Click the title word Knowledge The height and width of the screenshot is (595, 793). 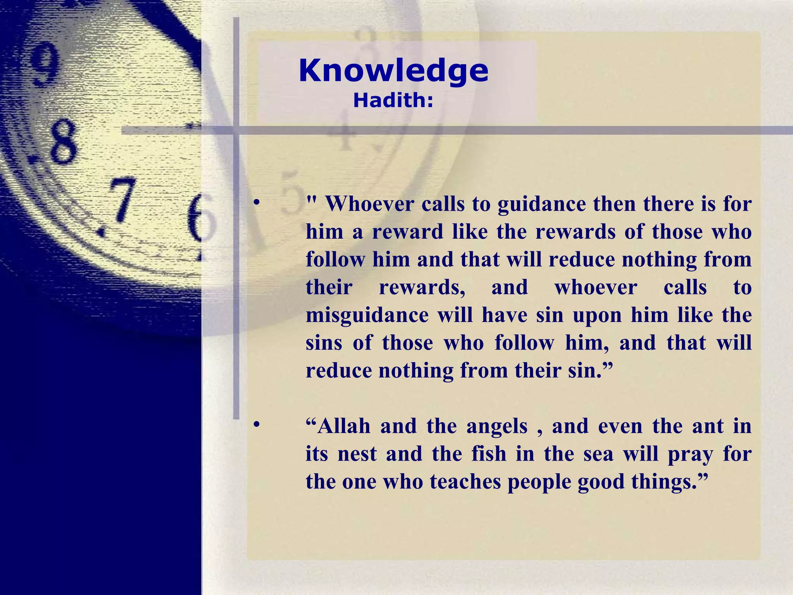(393, 71)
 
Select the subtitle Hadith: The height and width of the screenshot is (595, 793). (393, 101)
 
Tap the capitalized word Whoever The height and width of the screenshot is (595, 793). (370, 204)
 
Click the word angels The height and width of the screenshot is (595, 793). (497, 427)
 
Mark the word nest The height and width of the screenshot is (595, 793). (357, 454)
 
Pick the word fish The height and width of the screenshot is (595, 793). (489, 454)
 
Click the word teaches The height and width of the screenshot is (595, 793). (465, 482)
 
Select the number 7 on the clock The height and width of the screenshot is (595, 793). (121, 199)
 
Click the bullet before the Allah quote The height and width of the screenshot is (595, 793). (256, 425)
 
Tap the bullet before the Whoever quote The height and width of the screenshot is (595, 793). (256, 203)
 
